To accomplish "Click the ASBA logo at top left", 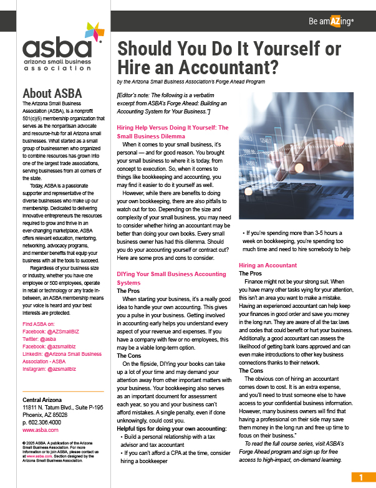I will (60, 49).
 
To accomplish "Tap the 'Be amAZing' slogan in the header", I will (331, 21).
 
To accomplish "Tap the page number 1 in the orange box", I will (360, 477).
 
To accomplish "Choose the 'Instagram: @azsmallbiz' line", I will (49, 369).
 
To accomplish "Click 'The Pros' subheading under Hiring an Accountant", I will (250, 274).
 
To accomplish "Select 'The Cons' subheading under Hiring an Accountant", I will (251, 371).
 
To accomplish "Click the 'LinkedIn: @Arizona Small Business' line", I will (61, 354).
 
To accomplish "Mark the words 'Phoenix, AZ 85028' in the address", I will (46, 414).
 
